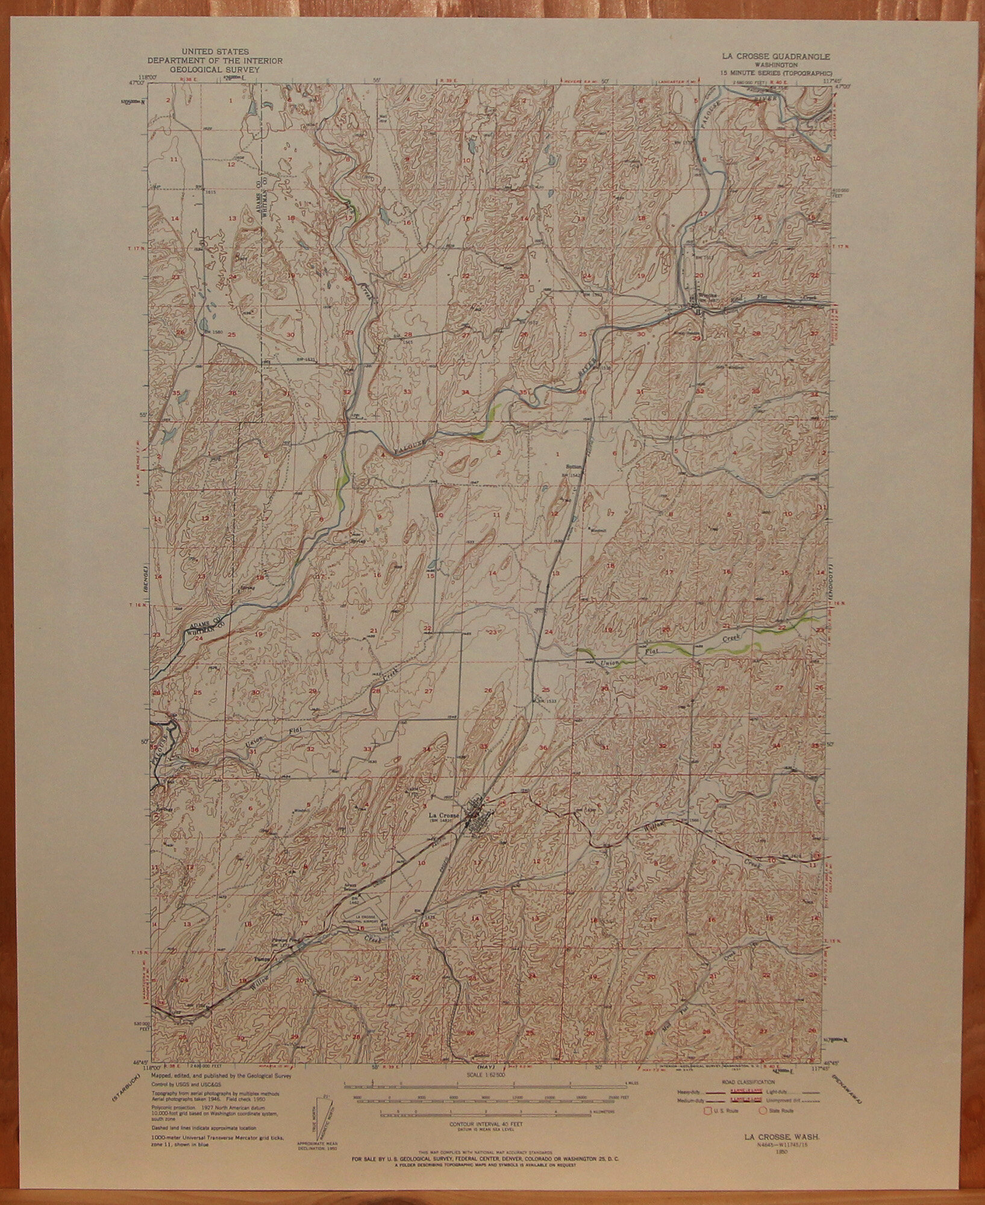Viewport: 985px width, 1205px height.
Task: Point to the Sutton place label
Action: tap(573, 466)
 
